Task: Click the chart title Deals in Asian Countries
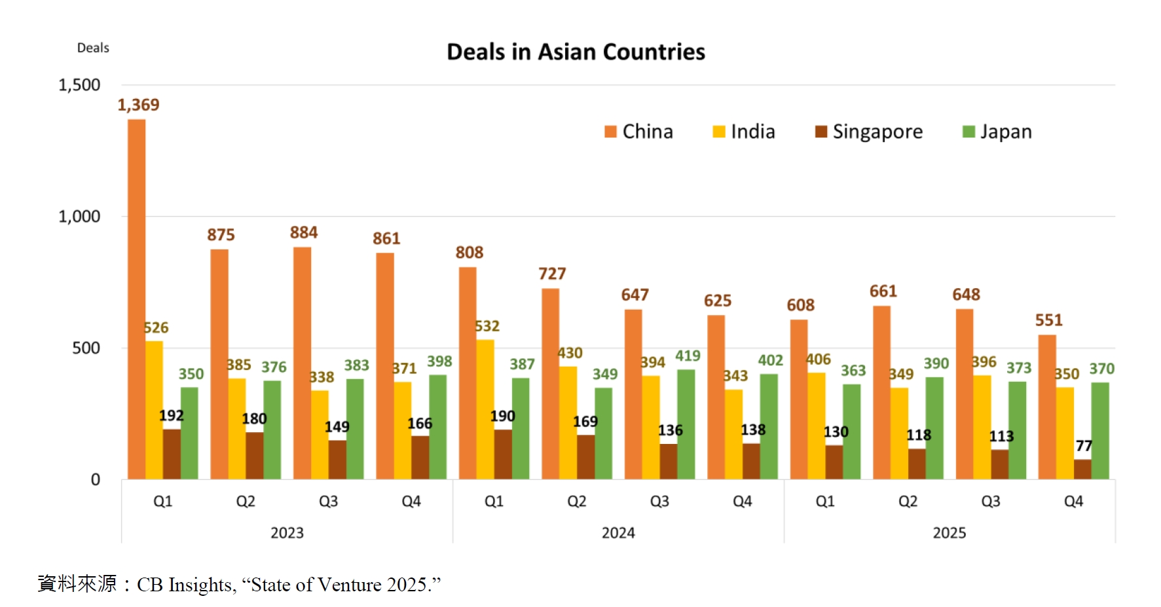coord(576,52)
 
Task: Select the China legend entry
coord(638,132)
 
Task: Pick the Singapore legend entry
coord(868,132)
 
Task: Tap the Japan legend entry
coord(997,132)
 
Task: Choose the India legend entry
coord(744,132)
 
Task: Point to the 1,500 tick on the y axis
coord(79,85)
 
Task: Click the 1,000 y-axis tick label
coord(79,217)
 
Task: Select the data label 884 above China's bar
coord(304,232)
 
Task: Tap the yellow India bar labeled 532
coord(485,409)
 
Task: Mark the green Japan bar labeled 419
coord(686,424)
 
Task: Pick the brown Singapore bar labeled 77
coord(1082,469)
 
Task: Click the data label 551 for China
coord(1048,320)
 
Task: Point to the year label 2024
coord(618,533)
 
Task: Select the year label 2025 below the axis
coord(949,533)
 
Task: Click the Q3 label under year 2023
coord(328,502)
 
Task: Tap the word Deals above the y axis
coord(93,48)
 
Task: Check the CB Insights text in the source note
coord(185,585)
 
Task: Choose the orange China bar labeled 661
coord(881,392)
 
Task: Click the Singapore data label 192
coord(172,416)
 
